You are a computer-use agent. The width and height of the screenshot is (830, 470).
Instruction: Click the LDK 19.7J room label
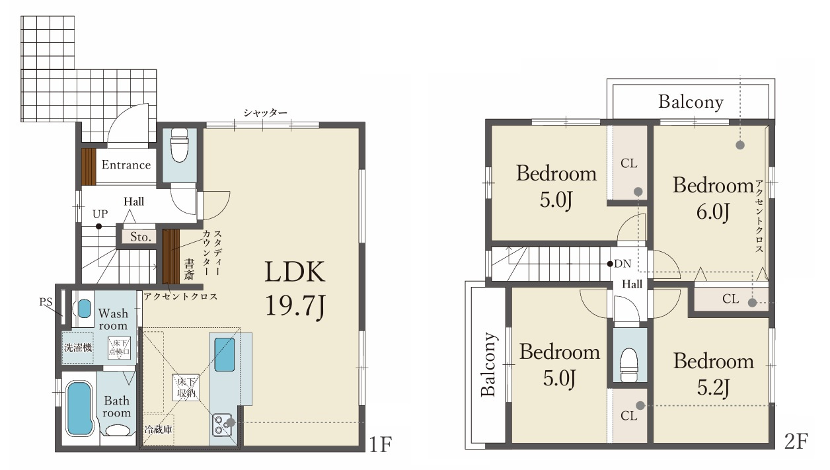(x=295, y=288)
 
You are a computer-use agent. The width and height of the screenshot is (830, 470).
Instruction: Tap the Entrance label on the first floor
(x=126, y=165)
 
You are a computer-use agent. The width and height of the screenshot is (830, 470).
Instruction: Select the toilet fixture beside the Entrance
(x=179, y=145)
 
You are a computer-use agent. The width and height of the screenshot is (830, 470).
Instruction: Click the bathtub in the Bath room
(x=79, y=409)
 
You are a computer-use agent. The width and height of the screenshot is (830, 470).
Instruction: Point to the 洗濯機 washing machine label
(x=78, y=348)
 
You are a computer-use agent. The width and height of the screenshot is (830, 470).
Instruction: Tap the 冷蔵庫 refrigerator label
(x=158, y=429)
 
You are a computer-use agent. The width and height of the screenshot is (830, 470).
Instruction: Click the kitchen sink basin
(x=225, y=354)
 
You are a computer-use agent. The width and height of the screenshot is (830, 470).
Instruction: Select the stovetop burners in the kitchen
(x=222, y=425)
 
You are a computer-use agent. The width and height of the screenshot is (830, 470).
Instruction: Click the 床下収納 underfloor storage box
(x=186, y=388)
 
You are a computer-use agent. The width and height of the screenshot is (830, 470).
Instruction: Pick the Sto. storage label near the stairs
(x=141, y=237)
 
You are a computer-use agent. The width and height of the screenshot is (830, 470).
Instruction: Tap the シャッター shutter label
(x=265, y=112)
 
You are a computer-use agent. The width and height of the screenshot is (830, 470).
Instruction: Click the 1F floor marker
(x=380, y=444)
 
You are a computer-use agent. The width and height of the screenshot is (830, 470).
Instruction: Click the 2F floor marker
(x=796, y=442)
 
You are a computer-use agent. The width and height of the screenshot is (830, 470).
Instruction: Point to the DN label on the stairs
(x=622, y=264)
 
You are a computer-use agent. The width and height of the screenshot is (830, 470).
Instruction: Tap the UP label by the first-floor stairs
(x=100, y=214)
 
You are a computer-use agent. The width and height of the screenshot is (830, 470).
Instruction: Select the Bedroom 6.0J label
(x=713, y=198)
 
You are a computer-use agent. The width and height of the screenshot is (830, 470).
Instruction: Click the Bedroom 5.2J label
(x=713, y=374)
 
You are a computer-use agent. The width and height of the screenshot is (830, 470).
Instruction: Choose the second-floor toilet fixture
(x=629, y=364)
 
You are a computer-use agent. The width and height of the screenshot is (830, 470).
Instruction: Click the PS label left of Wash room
(x=46, y=302)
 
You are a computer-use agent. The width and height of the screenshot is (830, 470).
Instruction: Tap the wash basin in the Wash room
(x=84, y=309)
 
